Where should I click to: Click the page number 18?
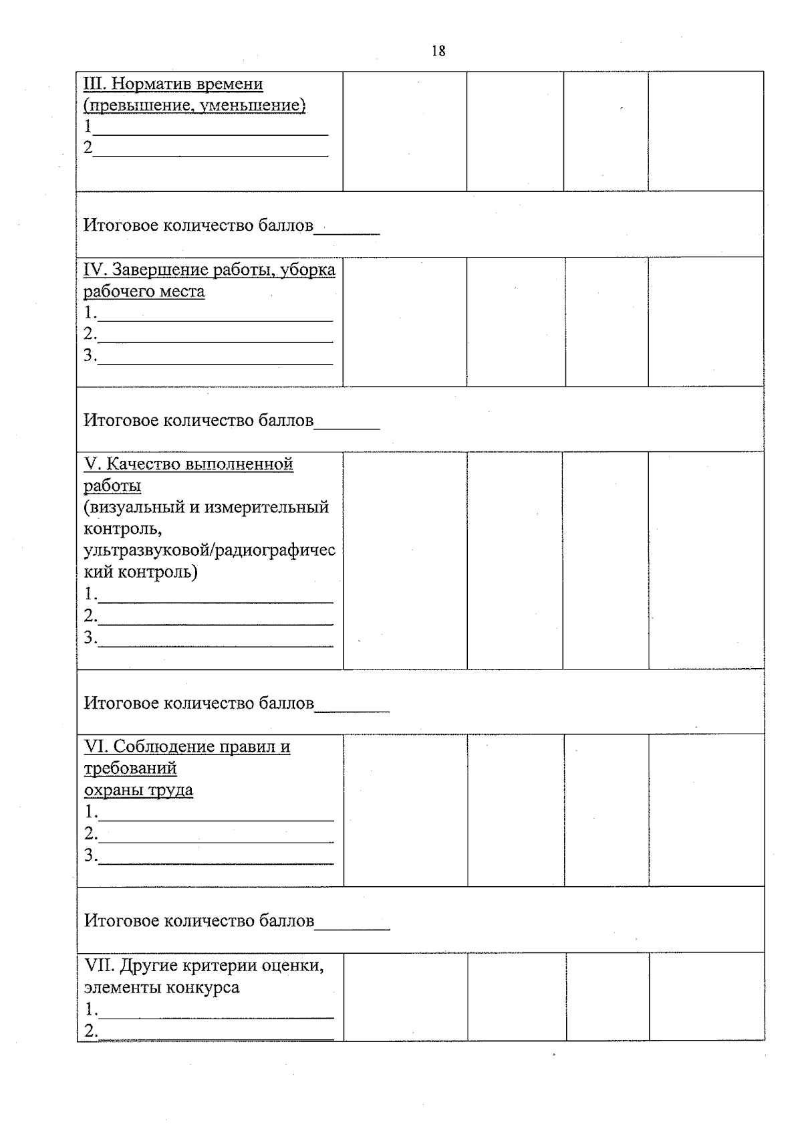438,51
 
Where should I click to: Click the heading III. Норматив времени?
173,84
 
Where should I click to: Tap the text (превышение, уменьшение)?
194,106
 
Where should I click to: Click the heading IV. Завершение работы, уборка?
209,270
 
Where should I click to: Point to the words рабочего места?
144,292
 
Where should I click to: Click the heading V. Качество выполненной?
188,463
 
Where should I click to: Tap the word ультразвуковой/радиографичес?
209,550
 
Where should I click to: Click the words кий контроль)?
141,572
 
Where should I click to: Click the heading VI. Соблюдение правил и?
187,746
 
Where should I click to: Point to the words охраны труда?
138,790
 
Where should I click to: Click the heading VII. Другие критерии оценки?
204,965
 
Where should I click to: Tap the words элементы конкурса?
162,987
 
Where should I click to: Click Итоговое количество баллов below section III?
198,225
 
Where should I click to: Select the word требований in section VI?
130,768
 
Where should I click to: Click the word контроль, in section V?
122,528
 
